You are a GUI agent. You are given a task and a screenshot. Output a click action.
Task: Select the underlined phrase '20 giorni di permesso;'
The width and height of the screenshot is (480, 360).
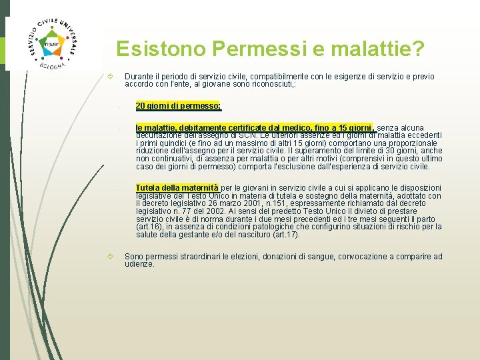tap(178, 105)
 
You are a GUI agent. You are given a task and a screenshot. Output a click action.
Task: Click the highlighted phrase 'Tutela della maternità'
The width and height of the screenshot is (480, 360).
tap(177, 188)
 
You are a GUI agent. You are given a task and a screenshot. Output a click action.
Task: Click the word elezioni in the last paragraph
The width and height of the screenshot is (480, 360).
tap(245, 257)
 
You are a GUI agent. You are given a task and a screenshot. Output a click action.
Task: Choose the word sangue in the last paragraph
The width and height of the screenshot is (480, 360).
tap(322, 257)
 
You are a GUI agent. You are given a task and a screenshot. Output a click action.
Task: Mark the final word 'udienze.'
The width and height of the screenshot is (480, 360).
tap(139, 264)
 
